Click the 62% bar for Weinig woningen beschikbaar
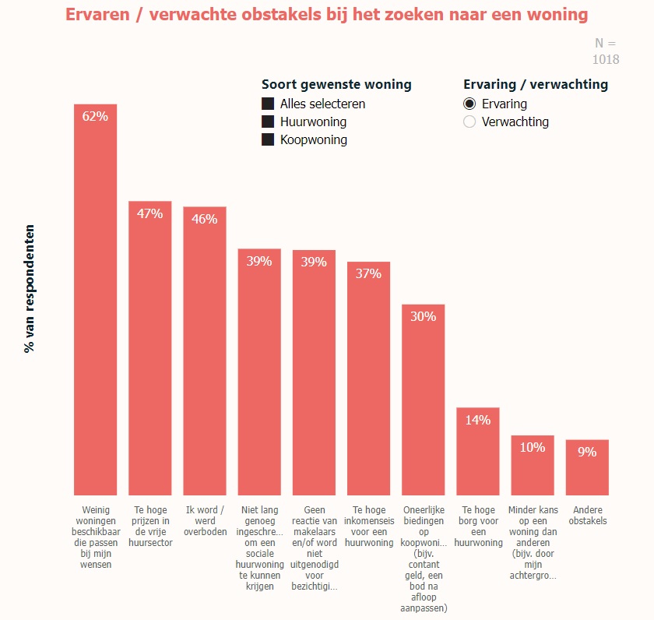pyautogui.click(x=95, y=304)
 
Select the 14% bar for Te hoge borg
pyautogui.click(x=477, y=456)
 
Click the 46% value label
pyautogui.click(x=204, y=219)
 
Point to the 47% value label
pyautogui.click(x=149, y=213)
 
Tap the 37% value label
pyautogui.click(x=368, y=273)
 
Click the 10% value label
pyautogui.click(x=533, y=447)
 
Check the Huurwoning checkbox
pyautogui.click(x=268, y=122)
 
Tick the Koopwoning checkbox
pyautogui.click(x=268, y=139)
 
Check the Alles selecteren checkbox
pyautogui.click(x=268, y=104)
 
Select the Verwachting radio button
pyautogui.click(x=469, y=122)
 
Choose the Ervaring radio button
pyautogui.click(x=469, y=104)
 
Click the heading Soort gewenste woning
pyautogui.click(x=336, y=84)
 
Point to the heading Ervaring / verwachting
pyautogui.click(x=536, y=84)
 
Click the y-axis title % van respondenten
pyautogui.click(x=30, y=289)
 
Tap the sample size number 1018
pyautogui.click(x=606, y=59)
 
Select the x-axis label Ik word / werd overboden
pyautogui.click(x=204, y=521)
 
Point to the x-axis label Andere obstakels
pyautogui.click(x=587, y=516)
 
